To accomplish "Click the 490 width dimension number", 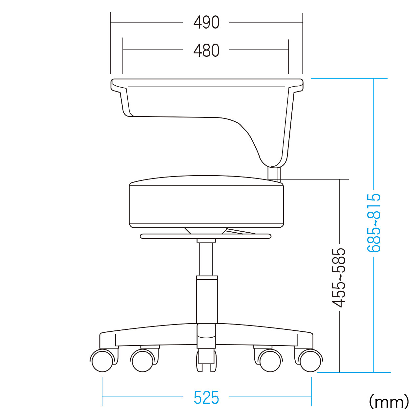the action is coord(206,22).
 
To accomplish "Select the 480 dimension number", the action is coord(206,50).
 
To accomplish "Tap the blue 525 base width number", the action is coord(206,397).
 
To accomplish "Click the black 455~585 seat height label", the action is coord(339,278).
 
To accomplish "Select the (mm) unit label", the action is coord(389,401).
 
